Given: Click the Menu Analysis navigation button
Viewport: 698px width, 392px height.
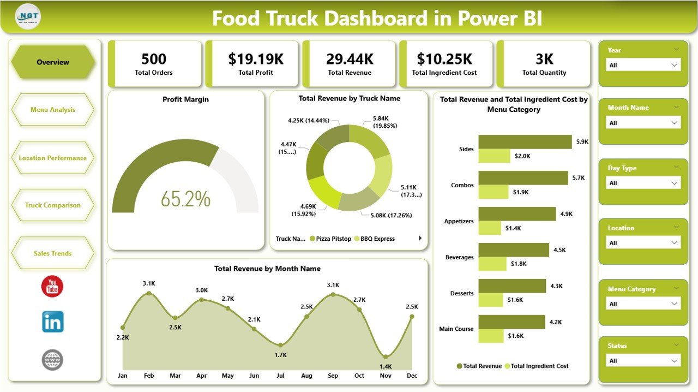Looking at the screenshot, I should [x=53, y=110].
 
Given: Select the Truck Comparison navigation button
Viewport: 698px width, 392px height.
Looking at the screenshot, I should [x=53, y=205].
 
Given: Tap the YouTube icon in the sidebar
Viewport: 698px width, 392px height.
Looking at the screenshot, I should [x=52, y=287].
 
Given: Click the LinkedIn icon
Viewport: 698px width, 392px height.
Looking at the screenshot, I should [x=53, y=322].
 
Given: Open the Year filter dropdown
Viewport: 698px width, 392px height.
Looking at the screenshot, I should [x=643, y=65].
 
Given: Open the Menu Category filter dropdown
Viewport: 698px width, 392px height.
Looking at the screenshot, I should [x=643, y=304].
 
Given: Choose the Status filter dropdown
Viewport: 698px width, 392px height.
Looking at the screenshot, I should [x=643, y=361].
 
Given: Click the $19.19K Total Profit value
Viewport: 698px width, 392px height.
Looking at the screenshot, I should [x=256, y=59].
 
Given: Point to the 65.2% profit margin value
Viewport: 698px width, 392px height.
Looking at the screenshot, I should [x=185, y=199].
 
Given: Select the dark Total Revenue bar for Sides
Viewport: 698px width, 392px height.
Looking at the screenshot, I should [x=525, y=142].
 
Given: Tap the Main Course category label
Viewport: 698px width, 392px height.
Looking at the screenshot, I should [x=456, y=329].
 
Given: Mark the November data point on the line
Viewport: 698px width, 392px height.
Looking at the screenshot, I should [x=386, y=357].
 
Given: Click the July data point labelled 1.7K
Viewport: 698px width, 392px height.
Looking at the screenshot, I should [x=280, y=345].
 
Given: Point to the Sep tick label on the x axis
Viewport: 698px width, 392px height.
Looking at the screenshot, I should [x=333, y=376].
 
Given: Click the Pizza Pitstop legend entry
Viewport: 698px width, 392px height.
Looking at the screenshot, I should [x=330, y=239].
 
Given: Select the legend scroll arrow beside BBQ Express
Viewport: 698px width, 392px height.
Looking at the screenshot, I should [x=420, y=238].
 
